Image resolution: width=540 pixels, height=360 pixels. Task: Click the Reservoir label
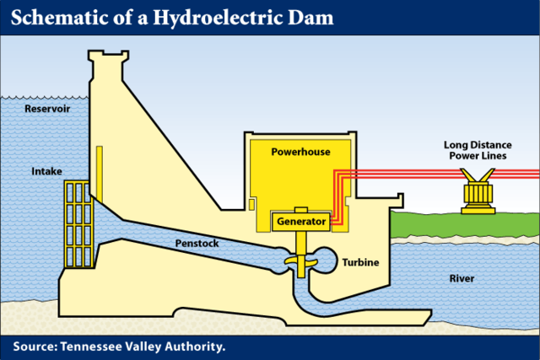[47, 110]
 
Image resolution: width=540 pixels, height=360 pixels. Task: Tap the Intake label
[47, 171]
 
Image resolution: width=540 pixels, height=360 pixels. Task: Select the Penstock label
[197, 243]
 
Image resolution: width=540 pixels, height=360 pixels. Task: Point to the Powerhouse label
[300, 153]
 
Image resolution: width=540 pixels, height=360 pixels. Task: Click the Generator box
[300, 222]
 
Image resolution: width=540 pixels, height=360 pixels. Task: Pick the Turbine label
[360, 263]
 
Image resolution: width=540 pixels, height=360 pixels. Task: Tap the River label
[462, 278]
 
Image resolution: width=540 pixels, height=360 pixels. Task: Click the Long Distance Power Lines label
[478, 150]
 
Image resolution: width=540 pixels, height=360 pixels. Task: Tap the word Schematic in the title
[58, 18]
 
